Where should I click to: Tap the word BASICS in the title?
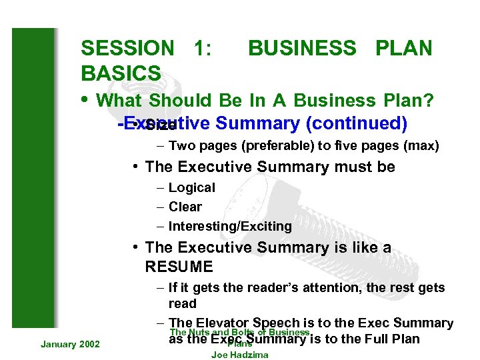121,73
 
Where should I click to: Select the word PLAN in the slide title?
404,48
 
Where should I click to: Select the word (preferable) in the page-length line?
259,146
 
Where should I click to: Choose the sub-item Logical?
191,188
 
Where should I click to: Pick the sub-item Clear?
185,207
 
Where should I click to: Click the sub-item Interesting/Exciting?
230,226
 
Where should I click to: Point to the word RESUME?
179,267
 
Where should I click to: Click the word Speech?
281,323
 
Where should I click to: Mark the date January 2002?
70,343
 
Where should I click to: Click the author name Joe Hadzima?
239,355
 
